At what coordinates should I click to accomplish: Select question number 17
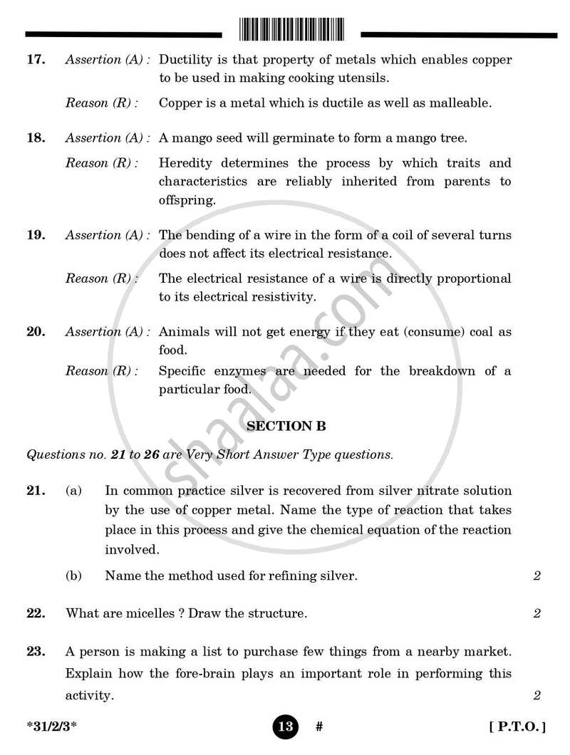pos(36,60)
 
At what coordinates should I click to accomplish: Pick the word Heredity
pos(186,163)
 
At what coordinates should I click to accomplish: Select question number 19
pos(36,235)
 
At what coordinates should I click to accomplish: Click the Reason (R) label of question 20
pos(102,371)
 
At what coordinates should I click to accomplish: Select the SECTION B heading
pos(286,427)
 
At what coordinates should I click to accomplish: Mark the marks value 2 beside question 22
pos(537,613)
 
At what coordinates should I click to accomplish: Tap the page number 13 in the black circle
pos(285,727)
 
